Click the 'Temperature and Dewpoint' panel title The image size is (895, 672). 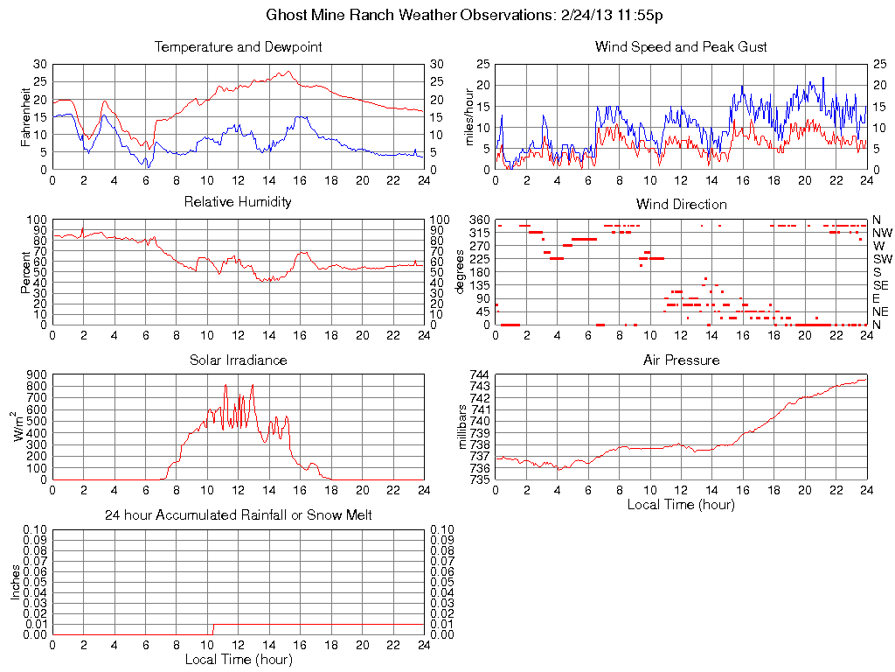coord(238,46)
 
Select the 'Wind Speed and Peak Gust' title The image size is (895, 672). coord(681,46)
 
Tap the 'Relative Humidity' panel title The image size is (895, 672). coord(238,202)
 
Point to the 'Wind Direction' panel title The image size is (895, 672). coord(681,204)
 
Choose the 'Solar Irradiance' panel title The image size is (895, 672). coord(238,360)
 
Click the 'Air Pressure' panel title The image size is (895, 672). coord(681,360)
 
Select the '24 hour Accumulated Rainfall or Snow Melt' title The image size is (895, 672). coord(238,515)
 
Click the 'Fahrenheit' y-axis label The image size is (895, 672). coord(26,116)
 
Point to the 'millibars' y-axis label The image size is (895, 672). coord(464,427)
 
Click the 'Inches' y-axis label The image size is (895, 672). coord(15,582)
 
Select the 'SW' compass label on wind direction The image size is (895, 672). coord(881,259)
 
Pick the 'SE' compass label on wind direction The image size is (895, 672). coord(881,285)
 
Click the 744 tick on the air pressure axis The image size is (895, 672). coord(480,374)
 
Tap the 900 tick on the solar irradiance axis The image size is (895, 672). coord(36,374)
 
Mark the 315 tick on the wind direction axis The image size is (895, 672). coord(479,233)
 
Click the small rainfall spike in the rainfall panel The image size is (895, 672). coord(212,628)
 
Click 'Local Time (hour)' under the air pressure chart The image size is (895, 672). coord(681,504)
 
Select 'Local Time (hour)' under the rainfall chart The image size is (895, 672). coord(238,659)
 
